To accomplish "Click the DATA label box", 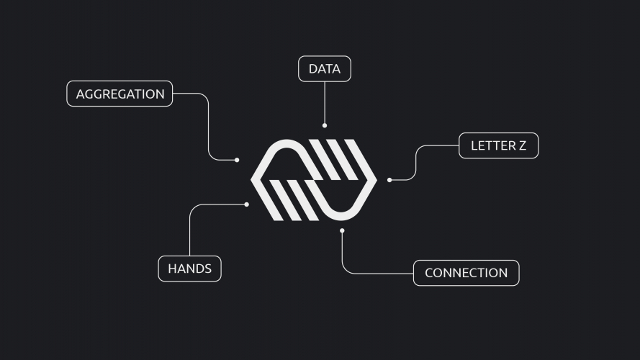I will pyautogui.click(x=325, y=69).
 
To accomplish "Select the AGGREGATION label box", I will pyautogui.click(x=120, y=94).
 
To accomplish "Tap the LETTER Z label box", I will pyautogui.click(x=498, y=145).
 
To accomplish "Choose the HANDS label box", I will pyautogui.click(x=189, y=269).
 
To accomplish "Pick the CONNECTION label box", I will pyautogui.click(x=466, y=273).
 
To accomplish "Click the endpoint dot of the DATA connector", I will pyautogui.click(x=325, y=125).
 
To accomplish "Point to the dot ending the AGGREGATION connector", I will pyautogui.click(x=237, y=160).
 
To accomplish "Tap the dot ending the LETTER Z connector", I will pyautogui.click(x=389, y=180).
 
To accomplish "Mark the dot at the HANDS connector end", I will pyautogui.click(x=247, y=204).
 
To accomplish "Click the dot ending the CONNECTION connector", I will pyautogui.click(x=342, y=230).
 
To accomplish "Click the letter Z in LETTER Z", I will pyautogui.click(x=522, y=145).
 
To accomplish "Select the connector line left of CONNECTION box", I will pyautogui.click(x=374, y=274).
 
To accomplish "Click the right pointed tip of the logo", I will pyautogui.click(x=376, y=180).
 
